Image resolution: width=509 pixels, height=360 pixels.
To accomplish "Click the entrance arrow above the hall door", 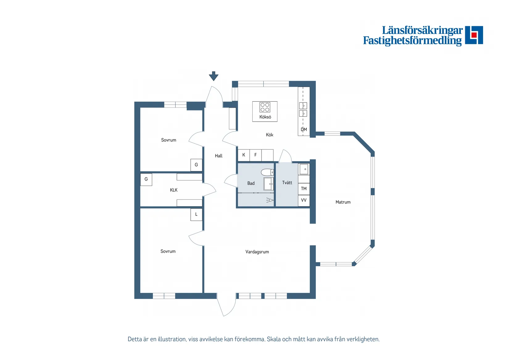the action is (x=213, y=76).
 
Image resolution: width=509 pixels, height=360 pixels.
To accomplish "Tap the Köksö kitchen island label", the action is (x=265, y=117).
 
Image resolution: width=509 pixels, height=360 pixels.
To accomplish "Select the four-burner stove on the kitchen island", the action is (x=265, y=107).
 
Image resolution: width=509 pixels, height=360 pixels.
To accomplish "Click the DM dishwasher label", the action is (x=304, y=129).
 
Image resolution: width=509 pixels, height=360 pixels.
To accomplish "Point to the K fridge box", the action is (x=244, y=155).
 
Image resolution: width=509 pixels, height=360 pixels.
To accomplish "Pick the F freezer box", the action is (x=256, y=155).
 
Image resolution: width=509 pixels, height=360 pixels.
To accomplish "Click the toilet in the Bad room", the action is (x=267, y=172).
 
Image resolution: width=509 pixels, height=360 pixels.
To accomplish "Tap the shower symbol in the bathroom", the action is (x=270, y=200).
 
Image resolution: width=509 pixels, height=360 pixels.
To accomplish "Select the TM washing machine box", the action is (x=304, y=189).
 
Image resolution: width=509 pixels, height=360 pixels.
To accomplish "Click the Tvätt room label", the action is (x=287, y=182).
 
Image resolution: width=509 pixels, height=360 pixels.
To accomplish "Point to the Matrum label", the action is (x=343, y=202).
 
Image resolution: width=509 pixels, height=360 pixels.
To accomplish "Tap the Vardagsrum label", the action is (x=257, y=252).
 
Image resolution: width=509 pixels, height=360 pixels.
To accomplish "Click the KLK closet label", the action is (x=174, y=190).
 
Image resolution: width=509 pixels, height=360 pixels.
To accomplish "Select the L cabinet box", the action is (x=196, y=215).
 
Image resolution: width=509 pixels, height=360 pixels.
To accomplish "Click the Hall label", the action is (x=219, y=156).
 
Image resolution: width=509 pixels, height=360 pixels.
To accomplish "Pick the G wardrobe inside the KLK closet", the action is (x=146, y=179).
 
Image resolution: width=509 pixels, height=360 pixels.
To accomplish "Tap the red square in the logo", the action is (x=474, y=35).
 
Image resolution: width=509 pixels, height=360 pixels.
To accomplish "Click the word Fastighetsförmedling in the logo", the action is (x=412, y=41).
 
